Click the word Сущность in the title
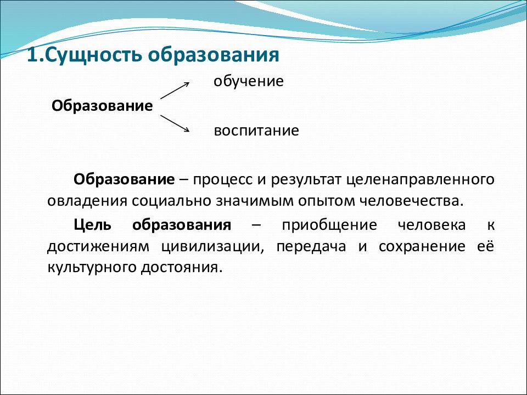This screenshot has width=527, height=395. coord(93,55)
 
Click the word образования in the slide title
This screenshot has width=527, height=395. coord(214,55)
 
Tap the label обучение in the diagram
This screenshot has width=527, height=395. coord(249,81)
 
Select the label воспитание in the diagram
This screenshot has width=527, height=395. coord(256,131)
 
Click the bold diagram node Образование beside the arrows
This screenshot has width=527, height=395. coord(102,106)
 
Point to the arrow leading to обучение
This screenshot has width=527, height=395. coord(175,91)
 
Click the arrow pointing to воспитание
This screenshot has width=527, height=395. coord(175,123)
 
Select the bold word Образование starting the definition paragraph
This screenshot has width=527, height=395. coord(124,179)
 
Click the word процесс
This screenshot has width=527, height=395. coord(222,180)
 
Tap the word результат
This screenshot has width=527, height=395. coord(306,180)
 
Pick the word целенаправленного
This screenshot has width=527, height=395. coord(421,180)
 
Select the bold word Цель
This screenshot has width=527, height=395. coord(92,225)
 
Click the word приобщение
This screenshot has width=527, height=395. coord(329,225)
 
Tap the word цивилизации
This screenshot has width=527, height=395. coord(212,247)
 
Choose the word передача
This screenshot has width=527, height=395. coord(311,247)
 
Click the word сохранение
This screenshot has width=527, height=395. coord(422,246)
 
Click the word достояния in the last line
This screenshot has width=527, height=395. coord(182,268)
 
